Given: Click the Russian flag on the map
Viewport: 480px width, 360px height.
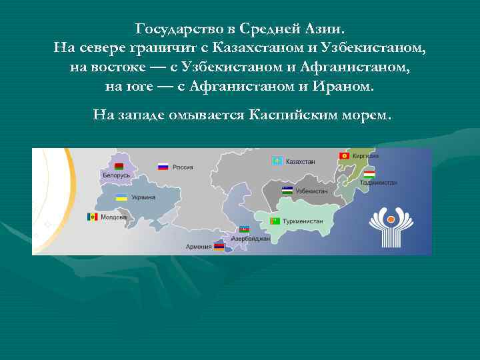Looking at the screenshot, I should click(163, 167).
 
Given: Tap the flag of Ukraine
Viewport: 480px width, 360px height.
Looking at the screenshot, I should click(121, 197).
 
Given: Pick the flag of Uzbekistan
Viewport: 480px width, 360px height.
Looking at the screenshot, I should click(287, 190).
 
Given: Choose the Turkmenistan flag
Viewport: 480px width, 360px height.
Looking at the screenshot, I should click(275, 221).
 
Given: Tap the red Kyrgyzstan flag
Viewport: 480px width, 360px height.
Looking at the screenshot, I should click(345, 155).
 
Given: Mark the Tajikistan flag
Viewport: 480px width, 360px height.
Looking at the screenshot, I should click(368, 173).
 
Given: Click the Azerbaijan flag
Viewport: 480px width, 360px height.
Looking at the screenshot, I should click(244, 229).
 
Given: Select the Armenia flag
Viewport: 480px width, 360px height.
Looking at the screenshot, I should click(218, 246).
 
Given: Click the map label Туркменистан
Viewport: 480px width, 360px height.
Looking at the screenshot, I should click(303, 221).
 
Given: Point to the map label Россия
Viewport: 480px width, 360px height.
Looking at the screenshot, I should click(183, 167).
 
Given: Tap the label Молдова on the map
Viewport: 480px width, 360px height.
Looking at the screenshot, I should click(113, 217).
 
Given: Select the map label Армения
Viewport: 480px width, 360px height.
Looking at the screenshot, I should click(199, 247).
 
